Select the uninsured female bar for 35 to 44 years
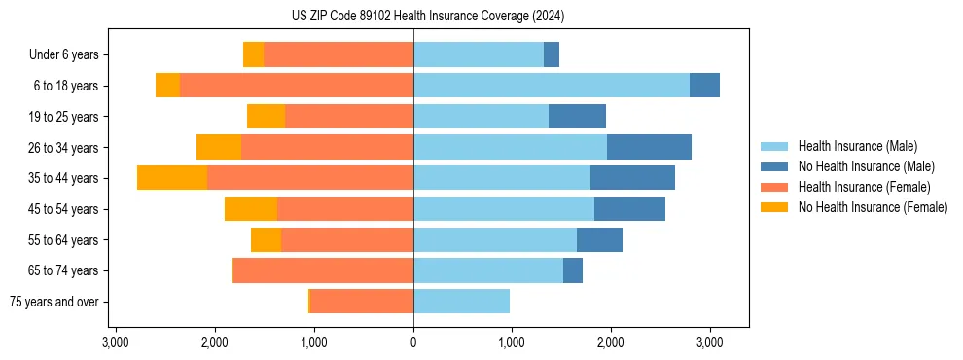(x=172, y=178)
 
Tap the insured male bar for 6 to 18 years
(x=552, y=86)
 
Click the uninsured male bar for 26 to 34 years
(x=649, y=147)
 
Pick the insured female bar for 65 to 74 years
(x=324, y=270)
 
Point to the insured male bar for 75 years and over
(x=461, y=302)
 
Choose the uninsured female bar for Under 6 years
(x=253, y=54)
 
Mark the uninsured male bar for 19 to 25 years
(x=577, y=117)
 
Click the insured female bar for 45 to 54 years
(x=345, y=209)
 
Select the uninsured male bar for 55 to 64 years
(x=599, y=240)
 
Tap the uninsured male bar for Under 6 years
(x=552, y=54)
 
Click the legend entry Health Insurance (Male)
(x=857, y=146)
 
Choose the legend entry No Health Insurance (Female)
(x=873, y=207)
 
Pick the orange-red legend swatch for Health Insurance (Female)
(x=774, y=187)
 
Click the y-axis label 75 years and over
(x=54, y=302)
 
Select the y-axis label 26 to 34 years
(x=64, y=147)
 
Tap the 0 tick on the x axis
(x=413, y=342)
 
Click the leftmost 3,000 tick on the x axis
(x=116, y=342)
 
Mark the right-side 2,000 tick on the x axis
(x=610, y=342)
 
